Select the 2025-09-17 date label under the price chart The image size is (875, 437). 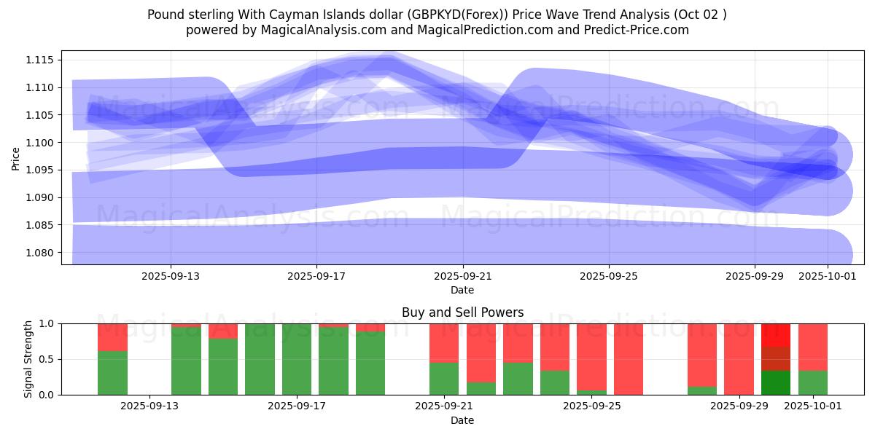click(x=316, y=276)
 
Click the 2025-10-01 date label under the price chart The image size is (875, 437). click(x=828, y=276)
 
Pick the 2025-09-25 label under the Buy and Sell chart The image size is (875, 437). click(x=591, y=406)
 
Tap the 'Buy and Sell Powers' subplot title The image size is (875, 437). click(x=462, y=312)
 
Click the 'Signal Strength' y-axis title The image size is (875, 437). click(x=28, y=359)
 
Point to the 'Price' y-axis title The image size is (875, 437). click(x=16, y=158)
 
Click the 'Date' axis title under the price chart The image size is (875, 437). click(x=462, y=290)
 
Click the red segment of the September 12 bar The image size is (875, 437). click(x=112, y=336)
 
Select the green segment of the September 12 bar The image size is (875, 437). click(x=112, y=373)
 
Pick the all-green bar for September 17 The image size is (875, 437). click(x=297, y=359)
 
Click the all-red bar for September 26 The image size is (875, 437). click(x=629, y=359)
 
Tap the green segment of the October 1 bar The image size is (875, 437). click(x=812, y=382)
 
